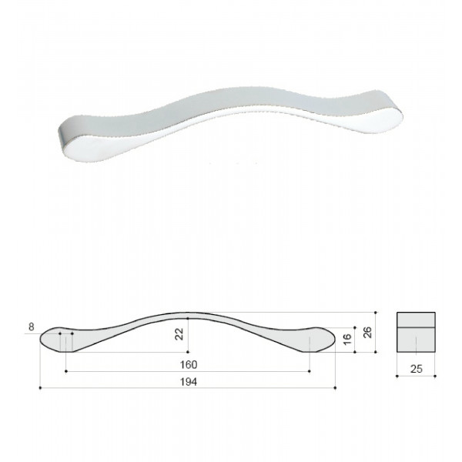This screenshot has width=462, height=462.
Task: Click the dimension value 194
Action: pyautogui.click(x=189, y=382)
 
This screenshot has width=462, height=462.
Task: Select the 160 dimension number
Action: pyautogui.click(x=189, y=365)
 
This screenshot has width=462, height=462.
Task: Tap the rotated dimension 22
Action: pyautogui.click(x=179, y=334)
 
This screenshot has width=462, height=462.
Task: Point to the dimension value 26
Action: pyautogui.click(x=367, y=333)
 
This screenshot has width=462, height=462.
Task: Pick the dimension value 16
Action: pyautogui.click(x=347, y=339)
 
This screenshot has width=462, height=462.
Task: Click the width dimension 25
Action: pyautogui.click(x=417, y=369)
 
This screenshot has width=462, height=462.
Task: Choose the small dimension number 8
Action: pyautogui.click(x=32, y=326)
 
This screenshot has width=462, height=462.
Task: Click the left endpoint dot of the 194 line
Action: pyautogui.click(x=40, y=388)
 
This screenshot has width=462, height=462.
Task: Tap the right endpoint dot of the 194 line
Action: pyautogui.click(x=335, y=388)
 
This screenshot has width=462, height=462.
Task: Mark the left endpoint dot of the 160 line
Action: pyautogui.click(x=66, y=371)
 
